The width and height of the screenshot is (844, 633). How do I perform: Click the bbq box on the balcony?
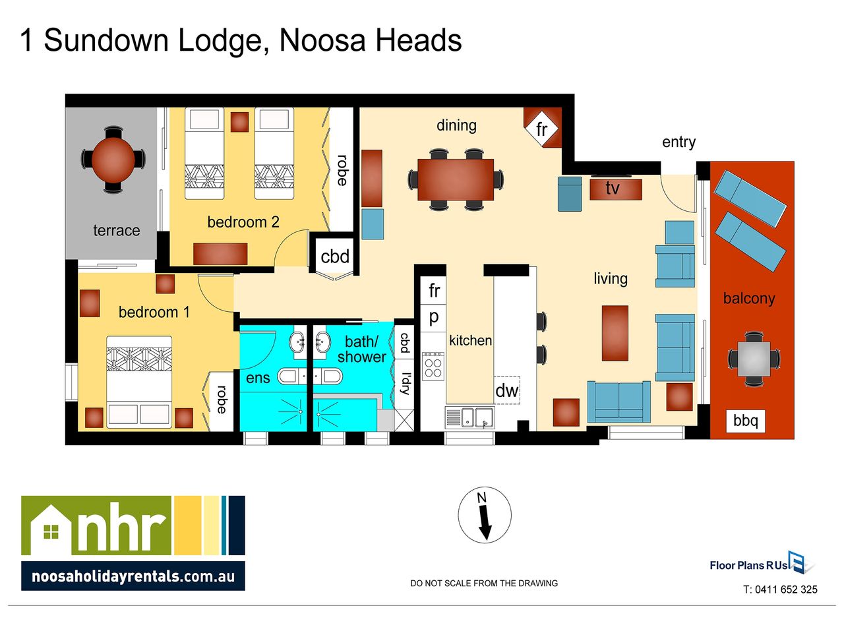tap(745, 421)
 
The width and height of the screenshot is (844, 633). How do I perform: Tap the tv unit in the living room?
tap(616, 189)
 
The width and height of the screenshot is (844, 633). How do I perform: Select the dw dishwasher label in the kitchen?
tap(507, 390)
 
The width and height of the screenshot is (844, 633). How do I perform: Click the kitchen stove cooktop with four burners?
tap(433, 366)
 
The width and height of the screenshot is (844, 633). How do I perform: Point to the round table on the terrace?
tap(113, 159)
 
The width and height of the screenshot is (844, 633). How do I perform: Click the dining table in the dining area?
tap(456, 179)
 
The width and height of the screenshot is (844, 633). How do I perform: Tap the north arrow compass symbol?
tap(485, 515)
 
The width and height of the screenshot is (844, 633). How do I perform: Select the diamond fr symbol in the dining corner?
tap(541, 129)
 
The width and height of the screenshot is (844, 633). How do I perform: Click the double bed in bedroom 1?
tap(139, 382)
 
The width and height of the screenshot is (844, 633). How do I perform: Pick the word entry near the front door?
tap(678, 142)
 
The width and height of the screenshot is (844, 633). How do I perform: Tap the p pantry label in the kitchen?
tap(433, 317)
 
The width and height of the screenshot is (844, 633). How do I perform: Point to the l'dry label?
tap(405, 383)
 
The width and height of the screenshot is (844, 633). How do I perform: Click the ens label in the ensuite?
tap(258, 378)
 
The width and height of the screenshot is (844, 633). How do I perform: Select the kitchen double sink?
tap(469, 417)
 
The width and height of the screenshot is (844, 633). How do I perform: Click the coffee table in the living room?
tap(615, 333)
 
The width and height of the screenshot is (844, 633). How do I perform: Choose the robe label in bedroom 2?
tap(342, 170)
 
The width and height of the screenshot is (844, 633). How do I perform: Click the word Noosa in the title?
tap(322, 40)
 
